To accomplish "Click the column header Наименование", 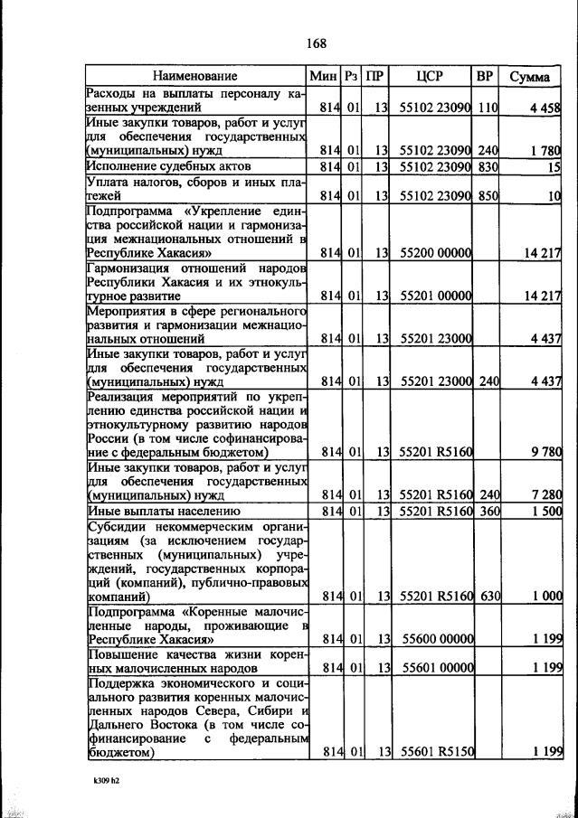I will click(x=194, y=77).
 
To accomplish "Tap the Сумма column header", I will click(x=529, y=77).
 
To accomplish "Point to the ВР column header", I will click(x=485, y=77).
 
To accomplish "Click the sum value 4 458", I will click(x=545, y=108).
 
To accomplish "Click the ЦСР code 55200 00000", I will click(x=437, y=253).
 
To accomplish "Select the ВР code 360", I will click(x=488, y=511).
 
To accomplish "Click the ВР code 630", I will click(x=488, y=596).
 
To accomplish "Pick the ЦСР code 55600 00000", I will click(x=439, y=638).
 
